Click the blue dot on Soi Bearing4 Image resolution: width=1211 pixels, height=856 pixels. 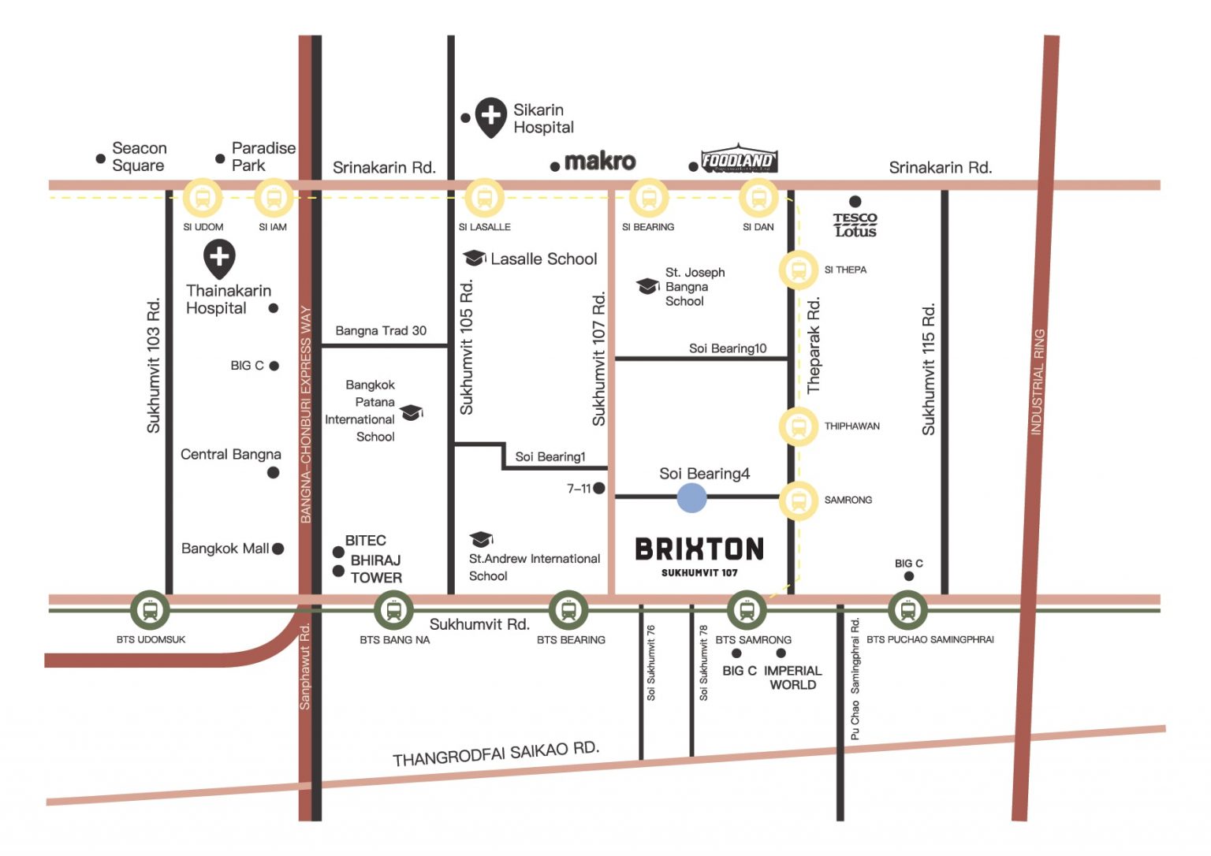(691, 497)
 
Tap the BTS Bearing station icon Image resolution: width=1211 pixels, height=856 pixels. (568, 609)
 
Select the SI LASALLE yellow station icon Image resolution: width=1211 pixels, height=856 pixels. (484, 198)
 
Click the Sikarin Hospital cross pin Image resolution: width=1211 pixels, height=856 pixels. (490, 116)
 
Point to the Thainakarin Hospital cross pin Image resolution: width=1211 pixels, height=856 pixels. (219, 258)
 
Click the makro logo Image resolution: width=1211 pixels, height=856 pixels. (600, 162)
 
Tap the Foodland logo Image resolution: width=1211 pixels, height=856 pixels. (739, 160)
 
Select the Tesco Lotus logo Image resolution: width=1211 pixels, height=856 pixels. (855, 225)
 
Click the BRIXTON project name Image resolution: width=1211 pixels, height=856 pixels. (699, 549)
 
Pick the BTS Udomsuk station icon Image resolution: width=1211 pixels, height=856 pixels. (150, 609)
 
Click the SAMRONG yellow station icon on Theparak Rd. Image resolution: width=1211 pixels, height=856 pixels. (799, 501)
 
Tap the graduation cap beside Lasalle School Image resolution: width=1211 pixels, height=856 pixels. (474, 258)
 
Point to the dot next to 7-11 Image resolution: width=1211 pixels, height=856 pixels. (599, 489)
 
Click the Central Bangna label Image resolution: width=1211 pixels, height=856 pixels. (230, 454)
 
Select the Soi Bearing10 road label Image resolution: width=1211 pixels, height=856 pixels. (727, 348)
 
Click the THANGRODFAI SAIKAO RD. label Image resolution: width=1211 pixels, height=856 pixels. (496, 753)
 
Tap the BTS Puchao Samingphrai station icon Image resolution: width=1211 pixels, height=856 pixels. (907, 609)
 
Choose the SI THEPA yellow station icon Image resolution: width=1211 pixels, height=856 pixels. (799, 270)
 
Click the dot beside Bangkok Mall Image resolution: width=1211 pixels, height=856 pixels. (278, 549)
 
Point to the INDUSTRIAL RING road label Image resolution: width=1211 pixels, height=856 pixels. (1038, 381)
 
